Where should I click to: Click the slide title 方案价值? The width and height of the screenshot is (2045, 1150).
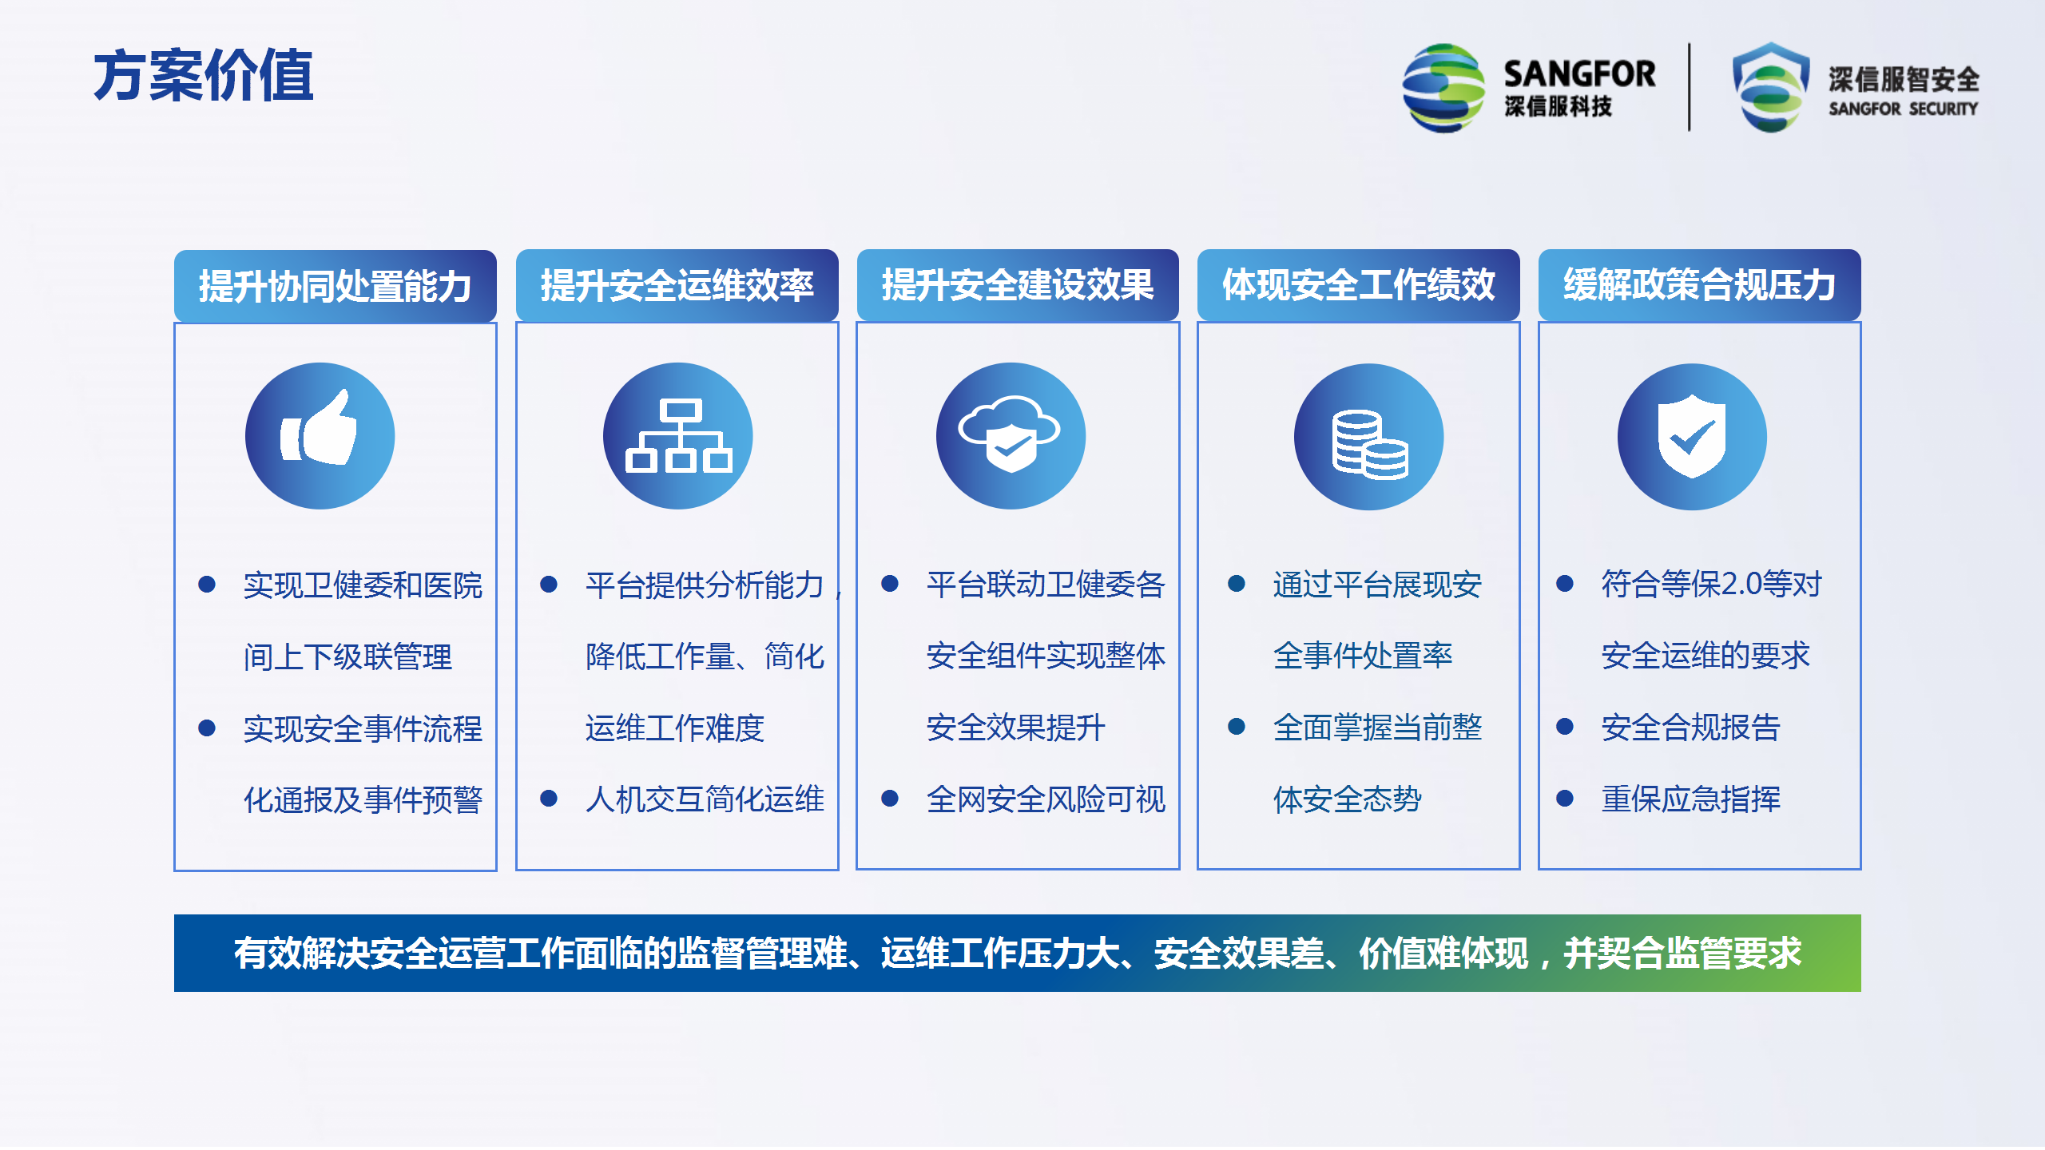(x=204, y=76)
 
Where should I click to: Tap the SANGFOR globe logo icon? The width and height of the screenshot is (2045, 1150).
(x=1444, y=88)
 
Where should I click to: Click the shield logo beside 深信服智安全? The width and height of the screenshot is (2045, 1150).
(x=1771, y=87)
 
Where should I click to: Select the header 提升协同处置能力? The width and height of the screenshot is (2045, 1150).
(x=336, y=286)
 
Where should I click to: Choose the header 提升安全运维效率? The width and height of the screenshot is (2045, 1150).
(x=677, y=285)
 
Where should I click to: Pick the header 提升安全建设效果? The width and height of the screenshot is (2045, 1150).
(x=1018, y=285)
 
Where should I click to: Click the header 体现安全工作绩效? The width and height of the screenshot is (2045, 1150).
(x=1359, y=285)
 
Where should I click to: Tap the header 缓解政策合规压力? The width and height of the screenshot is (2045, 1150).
(x=1700, y=285)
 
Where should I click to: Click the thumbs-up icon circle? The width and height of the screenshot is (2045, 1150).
(x=320, y=436)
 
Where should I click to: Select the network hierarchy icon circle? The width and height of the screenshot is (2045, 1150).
(x=677, y=436)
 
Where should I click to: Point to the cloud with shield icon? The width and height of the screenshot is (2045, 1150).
(x=1011, y=436)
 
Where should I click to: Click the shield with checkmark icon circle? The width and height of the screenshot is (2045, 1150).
(x=1692, y=437)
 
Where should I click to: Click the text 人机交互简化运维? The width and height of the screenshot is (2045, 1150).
(x=705, y=799)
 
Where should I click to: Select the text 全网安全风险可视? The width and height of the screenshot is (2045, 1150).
(x=1046, y=799)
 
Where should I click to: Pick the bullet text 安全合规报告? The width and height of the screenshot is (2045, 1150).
(x=1691, y=728)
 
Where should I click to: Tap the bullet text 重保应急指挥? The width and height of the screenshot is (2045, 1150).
(x=1691, y=799)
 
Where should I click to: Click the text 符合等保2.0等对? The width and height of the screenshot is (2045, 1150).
(x=1711, y=584)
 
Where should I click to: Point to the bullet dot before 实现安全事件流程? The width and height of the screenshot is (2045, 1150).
(x=207, y=728)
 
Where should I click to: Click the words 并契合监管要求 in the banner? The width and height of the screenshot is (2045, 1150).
(x=1682, y=954)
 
